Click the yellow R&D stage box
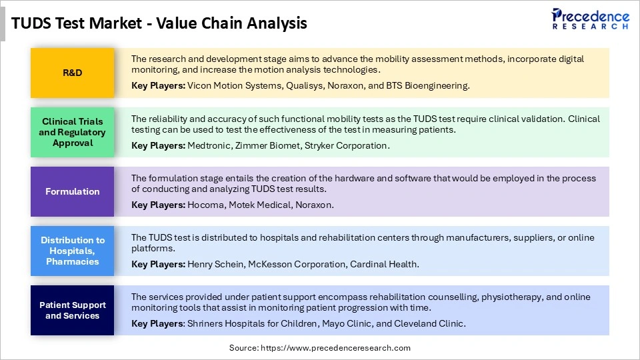(x=72, y=73)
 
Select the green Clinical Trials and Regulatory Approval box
(x=72, y=132)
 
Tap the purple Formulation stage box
(x=72, y=191)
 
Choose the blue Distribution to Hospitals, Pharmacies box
(x=72, y=251)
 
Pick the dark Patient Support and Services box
(x=72, y=310)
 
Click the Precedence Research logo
(x=590, y=19)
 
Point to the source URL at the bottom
(x=320, y=348)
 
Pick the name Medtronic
(x=210, y=145)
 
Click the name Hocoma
(x=205, y=205)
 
